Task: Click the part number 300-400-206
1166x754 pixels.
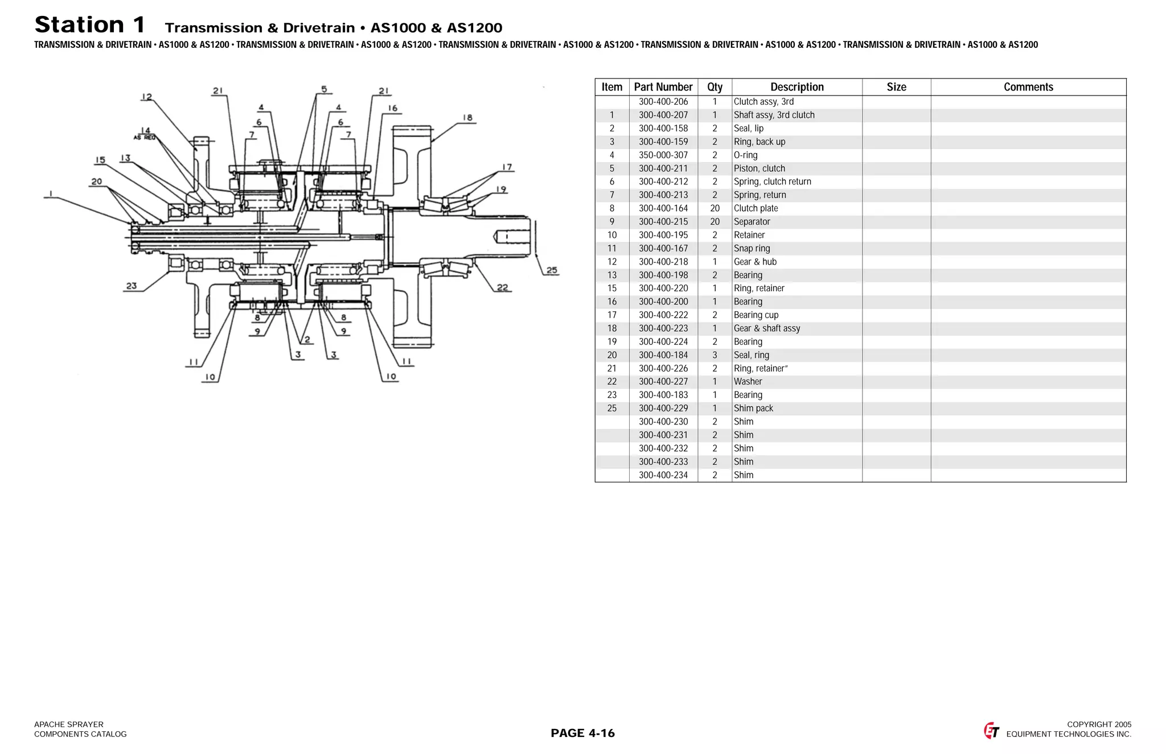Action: (663, 102)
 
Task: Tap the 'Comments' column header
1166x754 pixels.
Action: (1028, 87)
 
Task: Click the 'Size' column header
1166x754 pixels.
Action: (896, 87)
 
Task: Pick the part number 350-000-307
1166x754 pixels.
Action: (663, 155)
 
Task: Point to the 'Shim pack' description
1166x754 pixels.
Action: (753, 409)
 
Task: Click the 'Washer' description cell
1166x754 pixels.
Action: (748, 382)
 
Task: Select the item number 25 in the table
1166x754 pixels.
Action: (612, 409)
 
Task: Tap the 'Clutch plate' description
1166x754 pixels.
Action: (756, 208)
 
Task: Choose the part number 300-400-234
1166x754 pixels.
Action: (663, 475)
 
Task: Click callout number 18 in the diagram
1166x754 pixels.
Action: (467, 118)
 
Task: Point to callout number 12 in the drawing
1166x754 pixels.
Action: (147, 97)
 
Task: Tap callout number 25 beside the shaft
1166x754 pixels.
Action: (552, 270)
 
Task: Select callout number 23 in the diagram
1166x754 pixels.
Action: (132, 286)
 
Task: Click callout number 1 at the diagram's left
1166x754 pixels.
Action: (51, 193)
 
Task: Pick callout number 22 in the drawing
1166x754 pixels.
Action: (502, 287)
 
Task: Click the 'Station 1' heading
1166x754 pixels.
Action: (90, 25)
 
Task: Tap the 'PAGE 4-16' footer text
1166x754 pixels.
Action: (582, 733)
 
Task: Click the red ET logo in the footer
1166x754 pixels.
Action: (991, 731)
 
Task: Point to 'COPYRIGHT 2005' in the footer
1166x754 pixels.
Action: (1099, 724)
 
